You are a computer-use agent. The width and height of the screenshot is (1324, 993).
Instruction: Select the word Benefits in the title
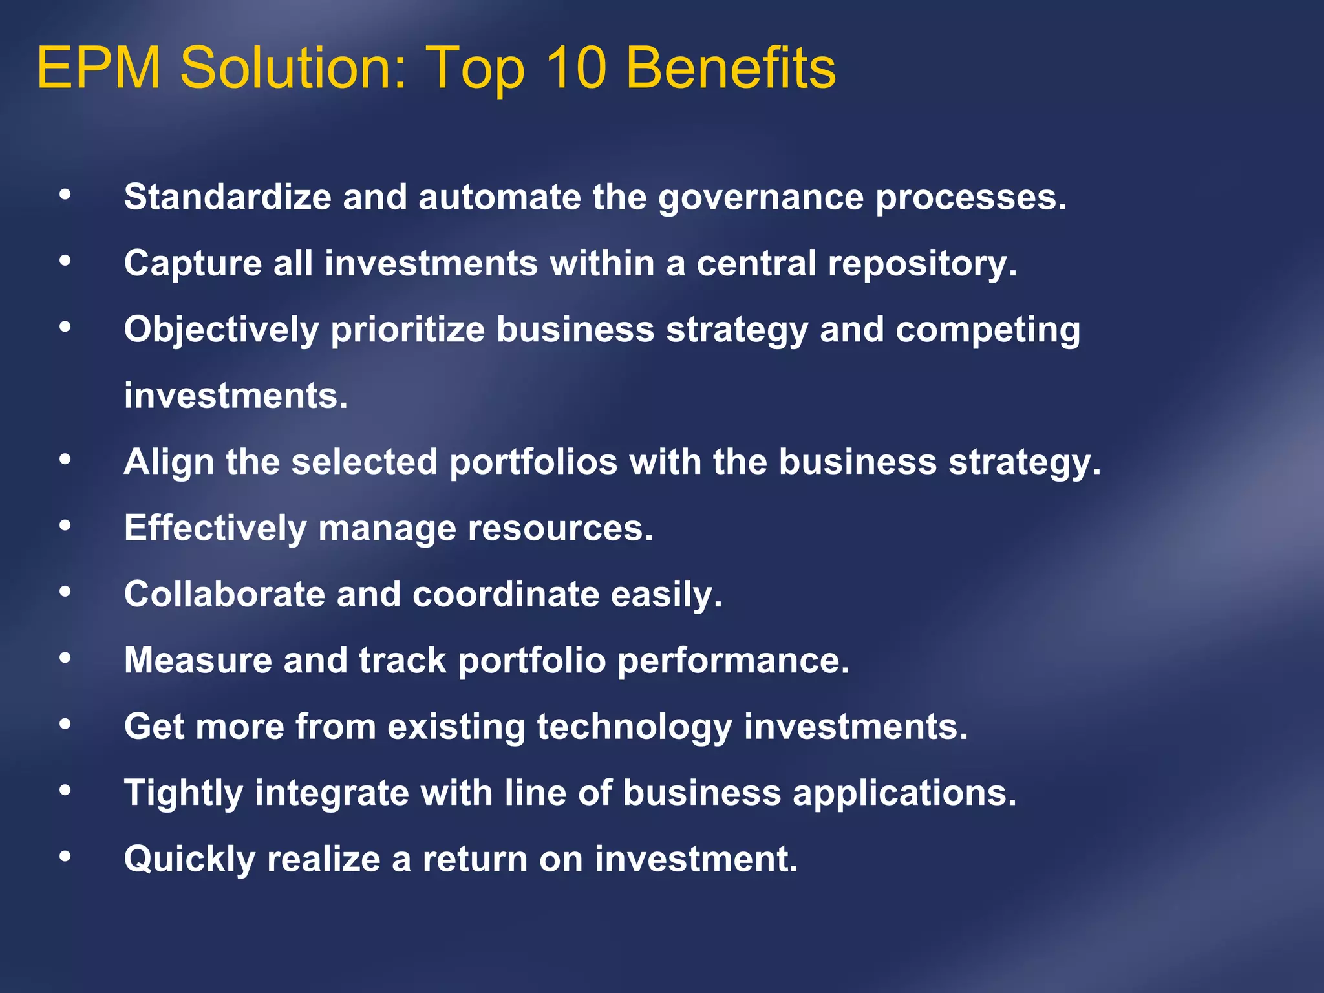pyautogui.click(x=731, y=68)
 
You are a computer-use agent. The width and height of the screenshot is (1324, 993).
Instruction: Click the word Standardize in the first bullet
pyautogui.click(x=227, y=197)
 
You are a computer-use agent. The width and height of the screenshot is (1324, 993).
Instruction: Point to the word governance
pyautogui.click(x=760, y=198)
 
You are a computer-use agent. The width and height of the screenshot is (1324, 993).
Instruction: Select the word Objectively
pyautogui.click(x=221, y=330)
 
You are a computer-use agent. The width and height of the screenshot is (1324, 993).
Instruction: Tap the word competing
pyautogui.click(x=987, y=330)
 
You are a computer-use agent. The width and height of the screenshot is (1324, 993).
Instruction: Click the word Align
pyautogui.click(x=169, y=462)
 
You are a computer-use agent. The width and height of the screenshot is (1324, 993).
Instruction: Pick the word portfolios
pyautogui.click(x=533, y=462)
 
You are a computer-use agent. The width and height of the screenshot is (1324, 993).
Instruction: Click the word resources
pyautogui.click(x=560, y=528)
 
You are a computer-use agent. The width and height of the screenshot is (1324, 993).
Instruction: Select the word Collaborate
pyautogui.click(x=224, y=594)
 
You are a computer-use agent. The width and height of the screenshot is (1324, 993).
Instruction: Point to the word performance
pyautogui.click(x=733, y=661)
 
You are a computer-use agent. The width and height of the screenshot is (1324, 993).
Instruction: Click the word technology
pyautogui.click(x=634, y=727)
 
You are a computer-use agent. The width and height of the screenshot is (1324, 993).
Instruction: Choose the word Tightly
pyautogui.click(x=183, y=794)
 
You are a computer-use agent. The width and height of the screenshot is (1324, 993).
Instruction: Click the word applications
pyautogui.click(x=904, y=794)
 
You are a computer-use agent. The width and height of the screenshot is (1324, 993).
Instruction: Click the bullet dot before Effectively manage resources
pyautogui.click(x=65, y=526)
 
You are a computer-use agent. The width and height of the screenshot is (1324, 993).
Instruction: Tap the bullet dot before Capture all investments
pyautogui.click(x=65, y=261)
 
